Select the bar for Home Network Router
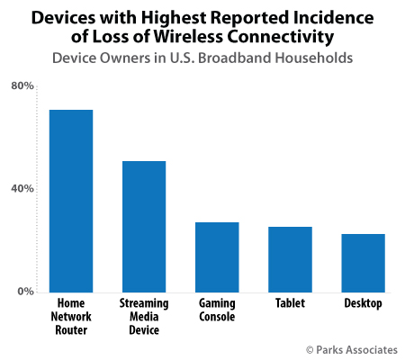click(x=71, y=200)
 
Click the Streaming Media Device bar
click(x=144, y=226)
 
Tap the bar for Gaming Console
click(x=217, y=256)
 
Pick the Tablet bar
click(x=290, y=258)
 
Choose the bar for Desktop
click(x=363, y=262)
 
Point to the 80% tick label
click(x=22, y=86)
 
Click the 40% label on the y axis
click(x=22, y=189)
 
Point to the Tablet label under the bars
click(x=290, y=304)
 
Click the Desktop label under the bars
click(x=363, y=304)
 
